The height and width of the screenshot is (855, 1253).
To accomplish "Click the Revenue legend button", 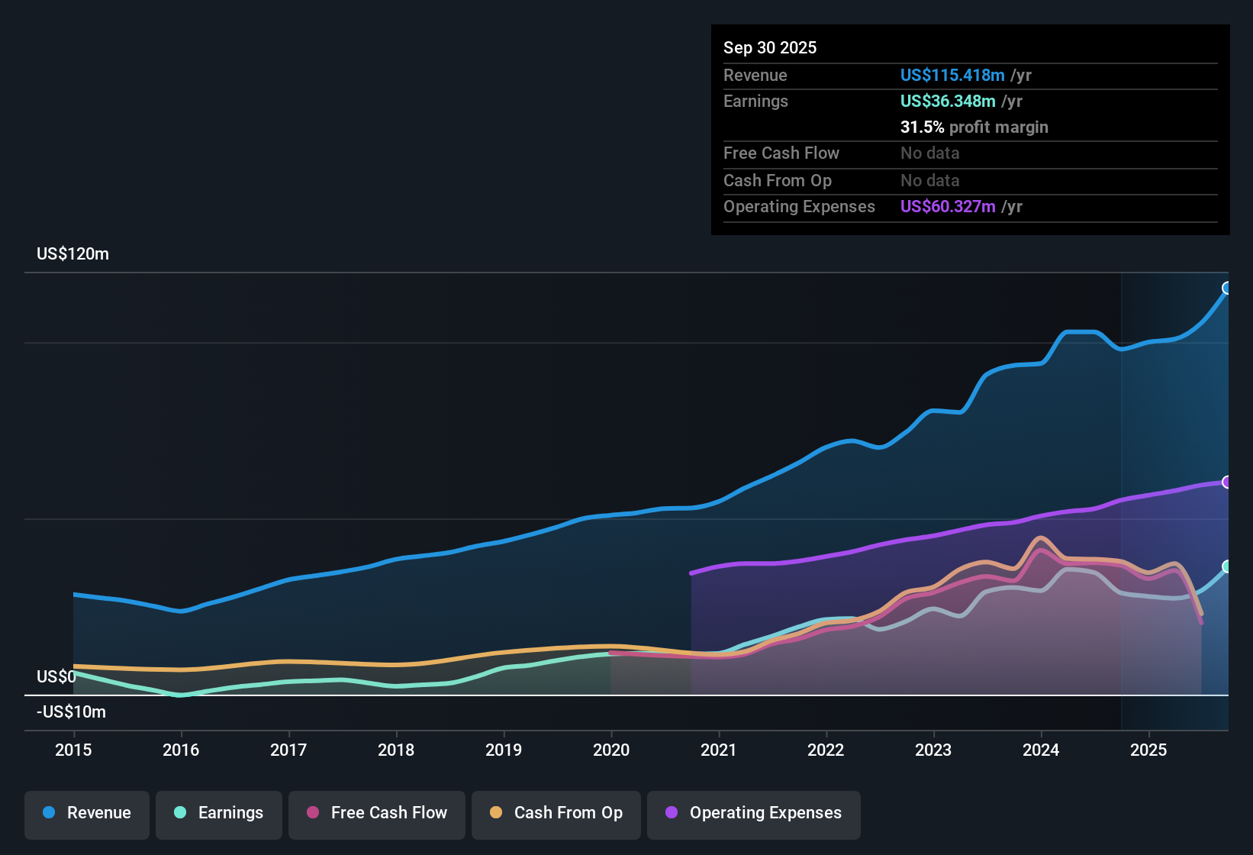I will pyautogui.click(x=87, y=813).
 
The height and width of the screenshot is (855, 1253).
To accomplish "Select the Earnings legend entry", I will pyautogui.click(x=219, y=813).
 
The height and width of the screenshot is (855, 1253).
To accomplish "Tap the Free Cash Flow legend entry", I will pyautogui.click(x=377, y=813).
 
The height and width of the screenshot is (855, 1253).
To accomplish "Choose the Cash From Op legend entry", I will pyautogui.click(x=556, y=813).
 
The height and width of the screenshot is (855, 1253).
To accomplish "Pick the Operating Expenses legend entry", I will pyautogui.click(x=754, y=813).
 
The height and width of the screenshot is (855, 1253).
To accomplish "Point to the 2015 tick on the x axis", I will pyautogui.click(x=73, y=750).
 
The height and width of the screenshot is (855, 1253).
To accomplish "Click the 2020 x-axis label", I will pyautogui.click(x=611, y=750).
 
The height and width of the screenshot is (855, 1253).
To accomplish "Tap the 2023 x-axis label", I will pyautogui.click(x=933, y=750).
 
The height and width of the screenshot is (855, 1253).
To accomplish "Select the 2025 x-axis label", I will pyautogui.click(x=1148, y=750).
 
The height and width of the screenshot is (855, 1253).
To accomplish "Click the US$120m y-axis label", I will pyautogui.click(x=72, y=254).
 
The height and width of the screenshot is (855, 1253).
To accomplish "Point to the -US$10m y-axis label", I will pyautogui.click(x=71, y=712).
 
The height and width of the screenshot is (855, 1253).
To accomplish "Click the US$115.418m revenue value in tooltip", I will pyautogui.click(x=952, y=75).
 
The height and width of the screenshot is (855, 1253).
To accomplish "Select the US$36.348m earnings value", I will pyautogui.click(x=948, y=101).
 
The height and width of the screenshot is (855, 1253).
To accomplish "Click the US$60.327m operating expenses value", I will pyautogui.click(x=948, y=206).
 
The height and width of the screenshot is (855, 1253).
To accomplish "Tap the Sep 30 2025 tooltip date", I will pyautogui.click(x=770, y=47).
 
